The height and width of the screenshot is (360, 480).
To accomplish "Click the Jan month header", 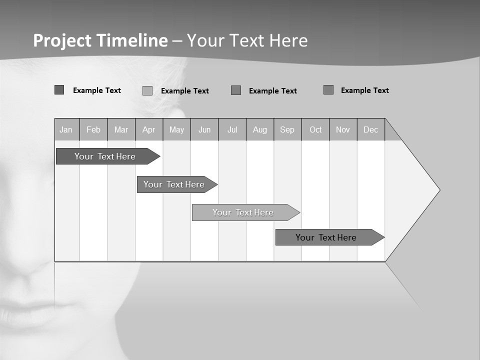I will (x=66, y=130).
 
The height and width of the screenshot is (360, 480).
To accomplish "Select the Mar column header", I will (x=121, y=130).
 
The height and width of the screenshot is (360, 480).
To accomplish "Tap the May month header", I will (x=176, y=130).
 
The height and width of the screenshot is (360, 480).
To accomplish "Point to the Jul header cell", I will (x=232, y=130).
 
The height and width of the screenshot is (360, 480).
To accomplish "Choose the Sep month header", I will (x=287, y=130).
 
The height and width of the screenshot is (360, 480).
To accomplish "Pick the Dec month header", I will (x=370, y=130).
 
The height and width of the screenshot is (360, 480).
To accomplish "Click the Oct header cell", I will (x=315, y=130).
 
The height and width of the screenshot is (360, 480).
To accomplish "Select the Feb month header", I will (x=93, y=130).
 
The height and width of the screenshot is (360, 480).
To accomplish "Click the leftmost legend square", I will (x=59, y=90).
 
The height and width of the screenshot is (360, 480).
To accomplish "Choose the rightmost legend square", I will (x=328, y=90).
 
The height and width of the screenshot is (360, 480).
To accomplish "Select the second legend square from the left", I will (x=147, y=90).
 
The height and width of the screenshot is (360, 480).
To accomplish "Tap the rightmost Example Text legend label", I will (x=364, y=90).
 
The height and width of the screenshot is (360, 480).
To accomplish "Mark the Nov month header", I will (x=343, y=130).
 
